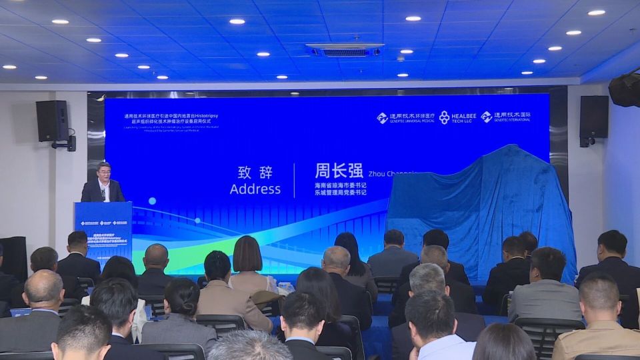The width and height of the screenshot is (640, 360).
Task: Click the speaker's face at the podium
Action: pos(103,172)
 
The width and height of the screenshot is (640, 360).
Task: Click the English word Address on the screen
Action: pos(255,189)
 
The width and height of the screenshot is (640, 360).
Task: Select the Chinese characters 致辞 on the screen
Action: pos(255,171)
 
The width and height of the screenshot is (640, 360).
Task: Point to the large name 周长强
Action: pos(341,170)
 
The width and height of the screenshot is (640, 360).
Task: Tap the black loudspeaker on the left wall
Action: pos(52,121)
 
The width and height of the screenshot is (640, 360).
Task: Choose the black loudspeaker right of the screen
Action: pos(593,117)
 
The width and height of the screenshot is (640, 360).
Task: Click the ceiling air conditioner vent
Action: pos(345,50)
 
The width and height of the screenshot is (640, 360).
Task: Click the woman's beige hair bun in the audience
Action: pos(247,254)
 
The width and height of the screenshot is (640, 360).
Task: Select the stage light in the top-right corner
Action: pos(625,89)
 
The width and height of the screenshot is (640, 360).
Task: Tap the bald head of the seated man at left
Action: pos(44,286)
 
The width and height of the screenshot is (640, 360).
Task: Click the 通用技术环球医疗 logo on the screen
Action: pos(405,117)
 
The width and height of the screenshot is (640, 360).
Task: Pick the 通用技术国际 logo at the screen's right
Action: pos(510,117)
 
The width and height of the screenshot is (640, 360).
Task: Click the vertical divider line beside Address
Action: pos(294,180)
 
